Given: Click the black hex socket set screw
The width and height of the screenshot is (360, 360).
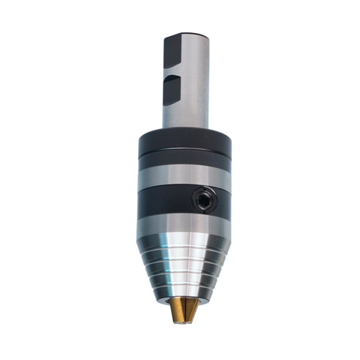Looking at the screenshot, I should pyautogui.click(x=202, y=199).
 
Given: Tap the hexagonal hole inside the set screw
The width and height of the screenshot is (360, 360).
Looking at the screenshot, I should pyautogui.click(x=202, y=199).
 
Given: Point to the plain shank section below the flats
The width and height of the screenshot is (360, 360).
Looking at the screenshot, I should pyautogui.click(x=184, y=112).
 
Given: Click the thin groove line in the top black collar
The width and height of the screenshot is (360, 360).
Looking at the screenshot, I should pyautogui.click(x=184, y=160).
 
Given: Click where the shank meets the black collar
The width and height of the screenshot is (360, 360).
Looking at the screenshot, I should pyautogui.click(x=184, y=129).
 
